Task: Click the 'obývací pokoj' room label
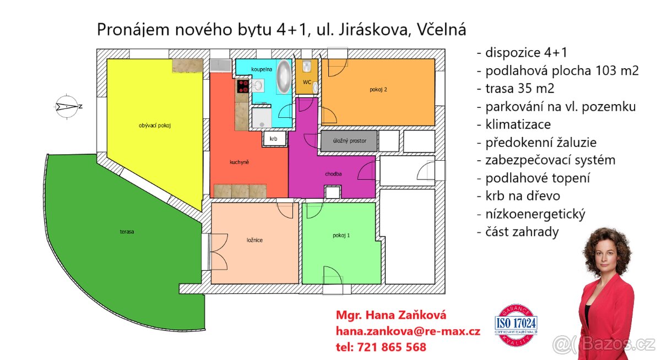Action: pos(155,126)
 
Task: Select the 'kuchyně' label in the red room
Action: pos(240,162)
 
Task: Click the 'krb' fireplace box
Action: pos(274,139)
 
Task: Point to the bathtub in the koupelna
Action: pos(284,77)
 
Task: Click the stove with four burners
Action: pos(243,86)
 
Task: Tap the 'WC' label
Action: pos(307,82)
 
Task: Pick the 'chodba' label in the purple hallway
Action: pos(333,174)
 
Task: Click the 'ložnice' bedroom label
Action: pos(254,240)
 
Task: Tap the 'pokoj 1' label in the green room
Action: pos(341,235)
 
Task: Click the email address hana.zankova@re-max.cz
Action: pos(408,331)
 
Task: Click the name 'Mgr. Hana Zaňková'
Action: pos(391,315)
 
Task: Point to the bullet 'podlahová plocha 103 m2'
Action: pos(557,71)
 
